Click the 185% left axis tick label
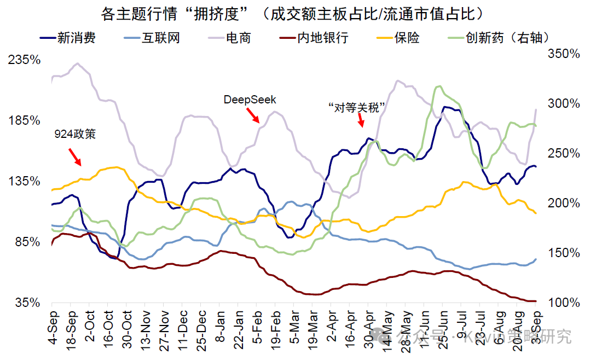(x=25, y=120)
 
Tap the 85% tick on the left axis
(x=27, y=241)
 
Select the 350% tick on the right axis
(x=564, y=54)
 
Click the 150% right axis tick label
(x=564, y=253)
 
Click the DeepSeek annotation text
(x=250, y=100)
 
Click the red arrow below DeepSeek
(x=252, y=115)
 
